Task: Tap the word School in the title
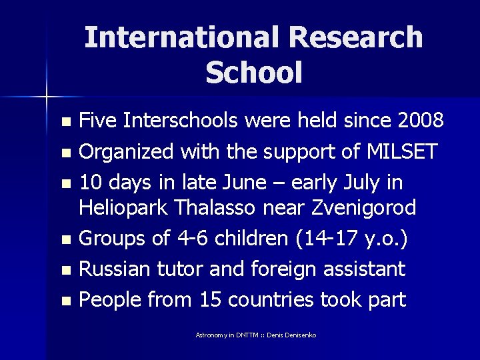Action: click(254, 73)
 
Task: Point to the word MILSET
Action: click(402, 151)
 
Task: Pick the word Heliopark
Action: click(123, 208)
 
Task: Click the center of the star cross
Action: click(47, 97)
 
